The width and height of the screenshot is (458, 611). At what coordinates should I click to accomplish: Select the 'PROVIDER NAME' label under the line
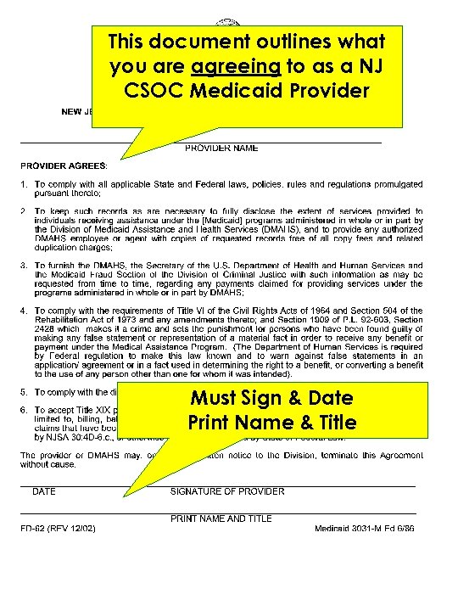[x=222, y=148]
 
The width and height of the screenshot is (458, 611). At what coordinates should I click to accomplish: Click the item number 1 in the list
[x=25, y=184]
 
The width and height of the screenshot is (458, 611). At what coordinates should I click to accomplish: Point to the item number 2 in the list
[x=25, y=210]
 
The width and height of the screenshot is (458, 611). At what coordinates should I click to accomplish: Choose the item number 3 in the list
[x=25, y=266]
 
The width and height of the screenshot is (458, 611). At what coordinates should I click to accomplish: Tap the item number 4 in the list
[x=25, y=311]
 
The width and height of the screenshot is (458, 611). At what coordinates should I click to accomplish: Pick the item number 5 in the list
[x=25, y=392]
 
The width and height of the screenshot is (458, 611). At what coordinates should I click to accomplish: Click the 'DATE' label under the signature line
[x=44, y=491]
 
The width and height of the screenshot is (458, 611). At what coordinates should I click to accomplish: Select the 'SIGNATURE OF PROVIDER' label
[x=227, y=491]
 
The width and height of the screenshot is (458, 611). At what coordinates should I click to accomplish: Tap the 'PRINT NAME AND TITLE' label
[x=221, y=519]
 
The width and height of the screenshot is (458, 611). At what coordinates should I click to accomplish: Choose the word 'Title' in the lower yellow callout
[x=333, y=422]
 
